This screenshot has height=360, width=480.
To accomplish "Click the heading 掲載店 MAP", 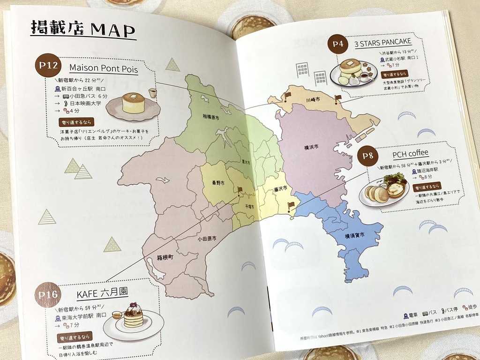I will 82,29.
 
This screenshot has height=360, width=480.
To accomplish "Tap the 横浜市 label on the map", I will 311,147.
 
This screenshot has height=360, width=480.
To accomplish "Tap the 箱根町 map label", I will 165,258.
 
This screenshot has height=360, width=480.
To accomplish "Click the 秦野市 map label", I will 219,183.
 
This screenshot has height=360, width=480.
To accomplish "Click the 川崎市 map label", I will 313,100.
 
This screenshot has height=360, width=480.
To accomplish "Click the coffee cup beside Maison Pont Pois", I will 152,93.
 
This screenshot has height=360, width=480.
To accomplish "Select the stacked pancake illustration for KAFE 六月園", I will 133,316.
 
